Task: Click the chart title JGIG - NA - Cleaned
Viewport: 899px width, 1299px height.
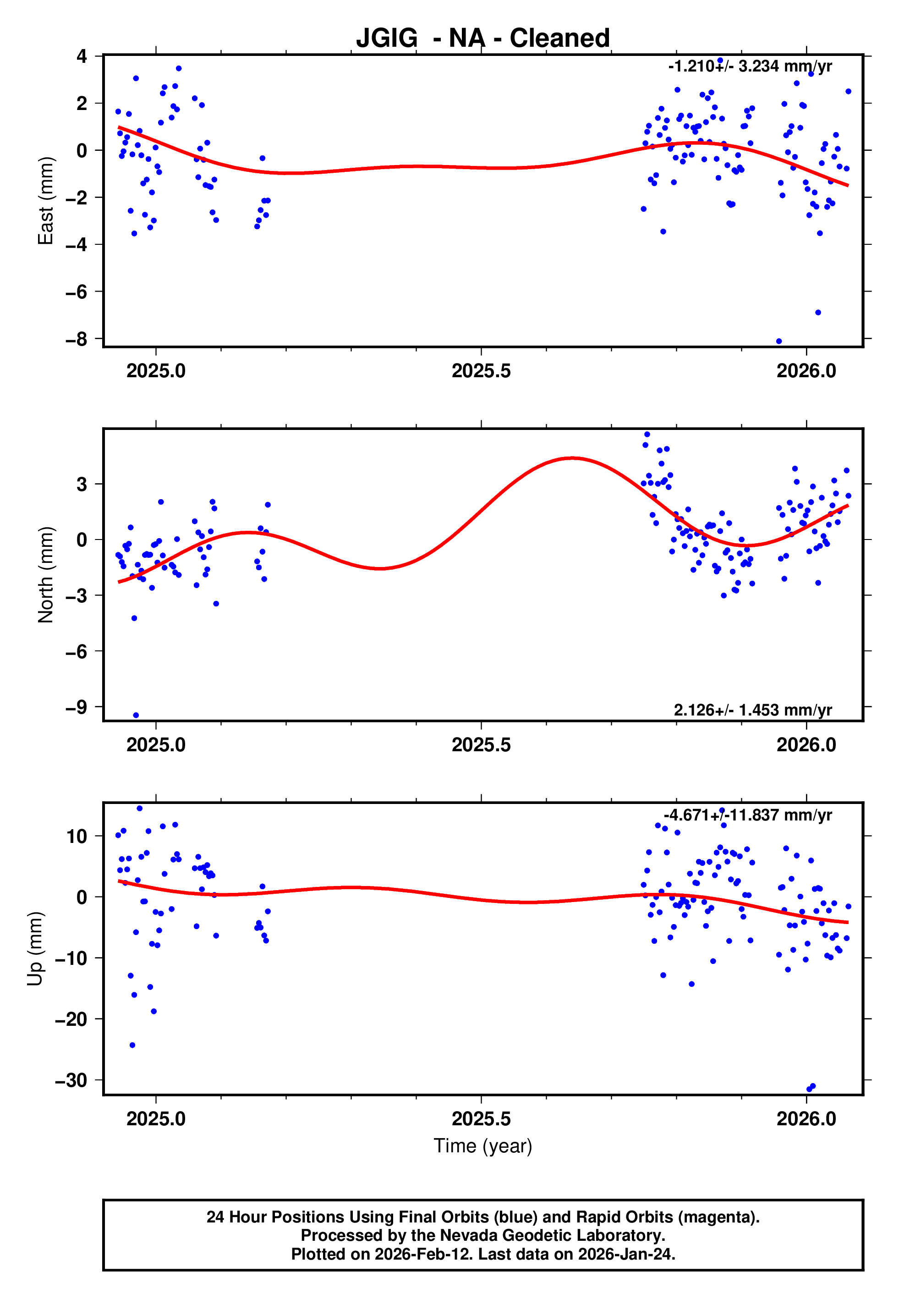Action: (483, 39)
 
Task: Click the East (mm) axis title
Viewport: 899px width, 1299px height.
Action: (45, 201)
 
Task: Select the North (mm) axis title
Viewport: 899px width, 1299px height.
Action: (45, 575)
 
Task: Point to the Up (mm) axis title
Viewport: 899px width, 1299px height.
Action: (35, 949)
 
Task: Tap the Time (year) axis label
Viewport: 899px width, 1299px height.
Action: (483, 1146)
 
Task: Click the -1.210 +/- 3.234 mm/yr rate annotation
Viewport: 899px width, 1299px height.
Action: (750, 66)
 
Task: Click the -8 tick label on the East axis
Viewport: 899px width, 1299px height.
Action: (77, 339)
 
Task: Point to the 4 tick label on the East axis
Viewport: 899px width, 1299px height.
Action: (82, 56)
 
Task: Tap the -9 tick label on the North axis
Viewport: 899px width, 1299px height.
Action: (77, 707)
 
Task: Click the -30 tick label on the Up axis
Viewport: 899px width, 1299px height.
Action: (71, 1080)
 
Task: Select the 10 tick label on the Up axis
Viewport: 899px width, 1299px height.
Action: (77, 837)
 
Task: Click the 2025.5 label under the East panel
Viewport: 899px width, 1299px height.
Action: (481, 371)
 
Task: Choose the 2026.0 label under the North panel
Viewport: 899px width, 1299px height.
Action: (806, 745)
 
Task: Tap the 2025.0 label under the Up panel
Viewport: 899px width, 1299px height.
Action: (156, 1119)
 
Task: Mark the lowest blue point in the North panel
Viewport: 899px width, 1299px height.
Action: (136, 716)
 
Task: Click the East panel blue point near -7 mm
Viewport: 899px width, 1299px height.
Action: (818, 313)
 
